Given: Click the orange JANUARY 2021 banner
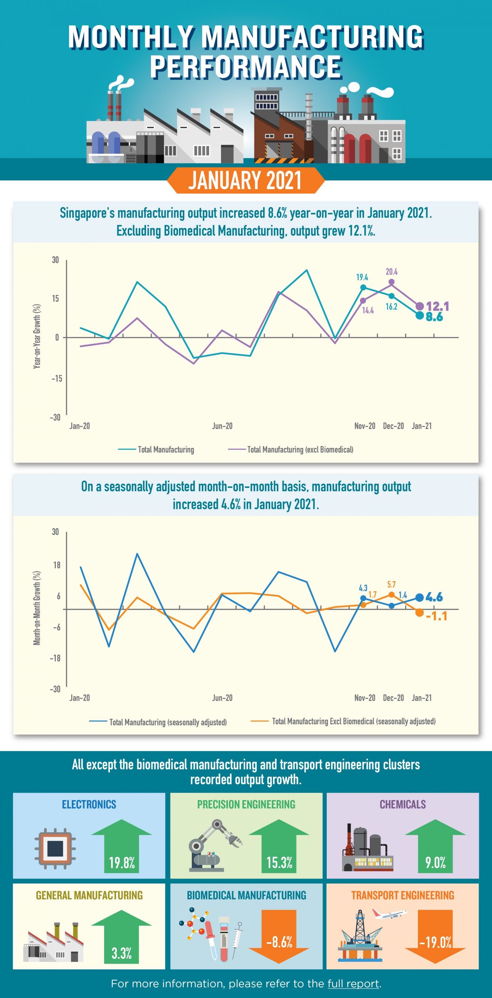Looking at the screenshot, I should tap(245, 181).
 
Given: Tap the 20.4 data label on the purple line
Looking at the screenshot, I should tap(392, 272).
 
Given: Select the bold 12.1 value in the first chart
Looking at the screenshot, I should tap(437, 306).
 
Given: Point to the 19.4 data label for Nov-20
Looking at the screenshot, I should tap(362, 278).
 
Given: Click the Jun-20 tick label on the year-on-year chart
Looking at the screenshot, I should tap(222, 426).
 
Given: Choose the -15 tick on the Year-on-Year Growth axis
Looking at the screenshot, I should tap(57, 378).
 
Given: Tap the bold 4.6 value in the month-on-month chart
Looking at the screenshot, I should tap(434, 597).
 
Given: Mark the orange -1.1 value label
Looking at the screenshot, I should tap(436, 616).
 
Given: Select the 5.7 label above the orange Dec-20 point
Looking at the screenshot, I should tap(392, 584).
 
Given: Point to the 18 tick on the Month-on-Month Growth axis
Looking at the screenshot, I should tap(56, 565).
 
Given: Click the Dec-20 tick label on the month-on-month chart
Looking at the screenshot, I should tap(393, 698).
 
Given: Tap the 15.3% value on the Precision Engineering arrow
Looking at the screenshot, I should tap(279, 863).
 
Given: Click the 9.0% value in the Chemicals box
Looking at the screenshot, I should tap(435, 863).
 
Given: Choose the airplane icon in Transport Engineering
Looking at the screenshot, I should tap(389, 914).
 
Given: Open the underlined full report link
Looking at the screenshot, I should tap(353, 984).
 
